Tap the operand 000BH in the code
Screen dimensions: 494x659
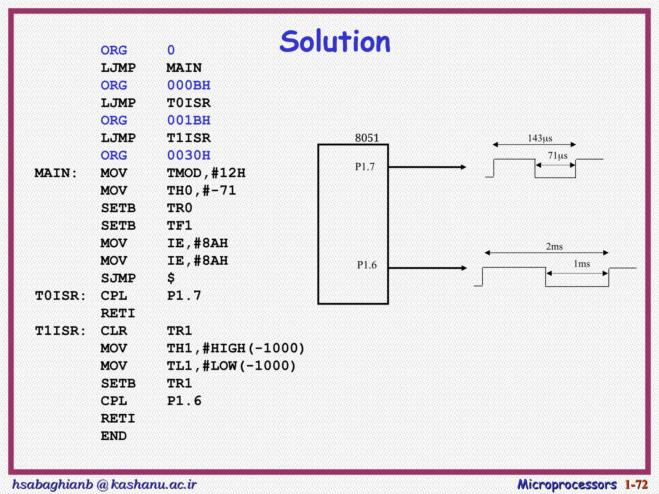pos(189,86)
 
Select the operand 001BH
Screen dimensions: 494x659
pos(189,121)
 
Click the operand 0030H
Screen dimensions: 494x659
pos(189,156)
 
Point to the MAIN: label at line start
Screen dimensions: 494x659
pos(56,173)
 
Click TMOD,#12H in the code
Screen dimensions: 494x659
pos(206,173)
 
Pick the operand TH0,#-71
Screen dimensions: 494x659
pos(201,191)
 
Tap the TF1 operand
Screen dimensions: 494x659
pos(180,226)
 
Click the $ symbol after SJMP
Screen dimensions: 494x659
pos(171,278)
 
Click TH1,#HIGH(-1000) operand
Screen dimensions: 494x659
pos(236,348)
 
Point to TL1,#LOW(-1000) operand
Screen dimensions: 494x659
pos(231,366)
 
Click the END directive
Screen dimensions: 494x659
pos(114,436)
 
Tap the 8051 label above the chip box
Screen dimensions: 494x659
pos(367,138)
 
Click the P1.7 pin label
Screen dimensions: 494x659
pos(365,167)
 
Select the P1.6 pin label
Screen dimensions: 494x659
pos(367,265)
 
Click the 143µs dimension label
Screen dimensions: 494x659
pos(540,138)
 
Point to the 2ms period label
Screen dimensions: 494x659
pos(554,247)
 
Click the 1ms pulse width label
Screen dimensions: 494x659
pos(582,264)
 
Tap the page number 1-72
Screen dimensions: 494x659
pos(636,484)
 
